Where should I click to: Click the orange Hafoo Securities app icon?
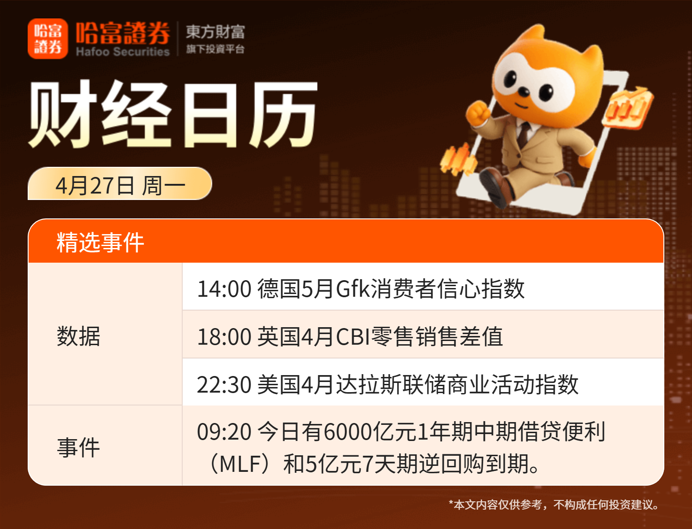(48, 39)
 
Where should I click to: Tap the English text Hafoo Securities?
(123, 52)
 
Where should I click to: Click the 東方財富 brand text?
(215, 32)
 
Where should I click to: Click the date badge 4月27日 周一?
(120, 183)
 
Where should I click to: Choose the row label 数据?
(78, 336)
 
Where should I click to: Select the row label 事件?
(78, 447)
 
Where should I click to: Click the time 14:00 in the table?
(224, 289)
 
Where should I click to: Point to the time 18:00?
(224, 336)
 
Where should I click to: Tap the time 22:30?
(224, 384)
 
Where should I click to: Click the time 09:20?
(224, 431)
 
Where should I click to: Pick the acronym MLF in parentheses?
(240, 464)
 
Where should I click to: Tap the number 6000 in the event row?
(347, 431)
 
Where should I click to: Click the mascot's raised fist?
(477, 113)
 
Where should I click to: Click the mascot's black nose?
(524, 92)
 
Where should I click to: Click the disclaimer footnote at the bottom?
(554, 505)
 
